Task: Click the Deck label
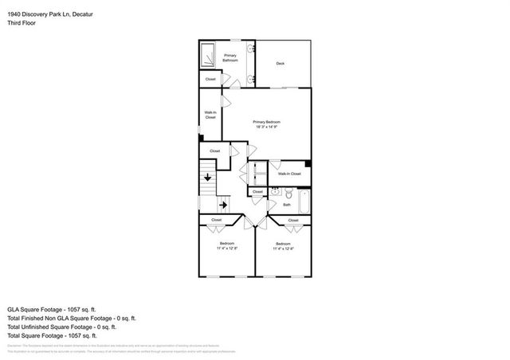click(280, 64)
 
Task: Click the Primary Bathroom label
click(231, 58)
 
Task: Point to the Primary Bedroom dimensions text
click(267, 127)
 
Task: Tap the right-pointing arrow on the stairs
click(224, 204)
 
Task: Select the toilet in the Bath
click(289, 194)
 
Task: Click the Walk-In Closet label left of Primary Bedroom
click(210, 115)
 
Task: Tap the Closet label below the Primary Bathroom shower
click(210, 80)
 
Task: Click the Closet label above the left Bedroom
click(216, 220)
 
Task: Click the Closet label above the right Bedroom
click(293, 220)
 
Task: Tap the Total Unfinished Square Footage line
click(61, 327)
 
